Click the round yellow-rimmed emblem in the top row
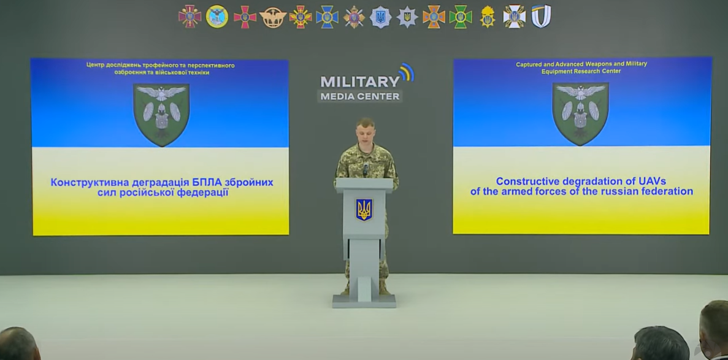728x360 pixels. click(217, 17)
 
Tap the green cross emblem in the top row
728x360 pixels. click(460, 17)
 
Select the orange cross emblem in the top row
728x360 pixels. click(434, 17)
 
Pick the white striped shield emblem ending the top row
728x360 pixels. click(541, 17)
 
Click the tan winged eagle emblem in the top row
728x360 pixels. click(272, 17)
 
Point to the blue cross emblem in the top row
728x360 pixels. click(327, 17)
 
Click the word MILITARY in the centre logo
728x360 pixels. click(360, 82)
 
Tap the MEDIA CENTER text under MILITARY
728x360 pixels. click(360, 97)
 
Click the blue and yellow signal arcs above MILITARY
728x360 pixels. click(407, 72)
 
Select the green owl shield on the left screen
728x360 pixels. click(161, 114)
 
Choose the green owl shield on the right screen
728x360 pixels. click(580, 114)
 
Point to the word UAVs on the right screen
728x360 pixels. click(650, 181)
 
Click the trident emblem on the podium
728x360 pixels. click(364, 210)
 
